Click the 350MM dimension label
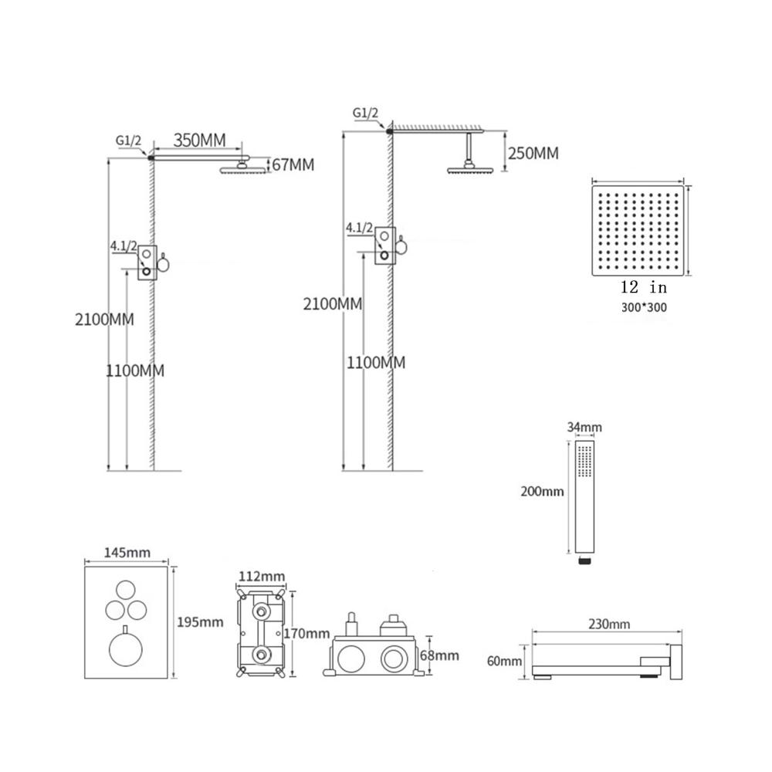(199, 141)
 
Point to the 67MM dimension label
(293, 164)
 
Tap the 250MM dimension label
(533, 153)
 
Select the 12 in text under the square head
(644, 286)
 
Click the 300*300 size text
(644, 308)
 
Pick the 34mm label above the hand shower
(584, 427)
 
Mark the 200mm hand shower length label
(542, 491)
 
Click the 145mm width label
(127, 553)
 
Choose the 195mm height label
(200, 621)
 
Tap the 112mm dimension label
(262, 576)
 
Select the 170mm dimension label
(306, 633)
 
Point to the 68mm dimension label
(439, 655)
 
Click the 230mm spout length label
(609, 625)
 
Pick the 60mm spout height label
(504, 661)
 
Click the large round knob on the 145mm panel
(126, 649)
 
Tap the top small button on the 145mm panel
(126, 591)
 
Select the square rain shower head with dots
(638, 230)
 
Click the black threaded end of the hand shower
(584, 560)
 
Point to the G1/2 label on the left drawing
(128, 141)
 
